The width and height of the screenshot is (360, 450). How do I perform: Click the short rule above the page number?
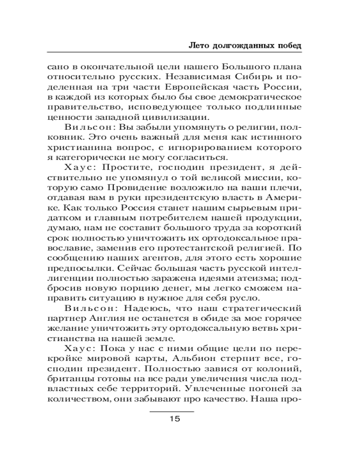pos(172,411)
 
